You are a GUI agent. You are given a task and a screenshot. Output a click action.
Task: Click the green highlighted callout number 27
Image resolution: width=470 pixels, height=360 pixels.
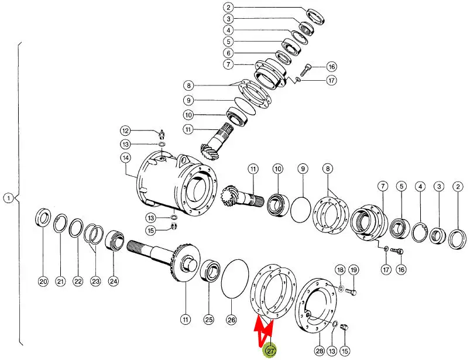click(x=270, y=351)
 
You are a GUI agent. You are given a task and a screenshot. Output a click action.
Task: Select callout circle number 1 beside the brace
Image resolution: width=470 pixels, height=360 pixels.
click(x=9, y=198)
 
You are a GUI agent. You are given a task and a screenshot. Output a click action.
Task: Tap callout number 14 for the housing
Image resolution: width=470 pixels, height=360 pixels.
click(x=126, y=157)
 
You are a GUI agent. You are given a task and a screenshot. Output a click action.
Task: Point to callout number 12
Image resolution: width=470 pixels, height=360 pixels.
click(x=126, y=131)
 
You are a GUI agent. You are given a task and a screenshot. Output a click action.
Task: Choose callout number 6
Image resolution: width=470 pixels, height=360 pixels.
click(x=228, y=53)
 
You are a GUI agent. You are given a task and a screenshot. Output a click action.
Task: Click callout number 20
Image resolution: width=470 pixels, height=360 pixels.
click(x=43, y=281)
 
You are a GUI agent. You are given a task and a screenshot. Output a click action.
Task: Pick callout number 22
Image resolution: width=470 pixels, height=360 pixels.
click(x=78, y=281)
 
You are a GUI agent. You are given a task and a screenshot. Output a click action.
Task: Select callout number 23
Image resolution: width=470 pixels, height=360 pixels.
click(x=95, y=281)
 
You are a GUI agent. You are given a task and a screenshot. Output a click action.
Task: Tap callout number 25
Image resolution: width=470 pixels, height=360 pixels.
click(x=208, y=320)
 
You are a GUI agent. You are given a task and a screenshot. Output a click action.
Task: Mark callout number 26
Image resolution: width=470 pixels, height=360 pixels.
click(x=231, y=320)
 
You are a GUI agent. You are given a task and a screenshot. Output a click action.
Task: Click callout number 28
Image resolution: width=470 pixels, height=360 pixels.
click(x=320, y=351)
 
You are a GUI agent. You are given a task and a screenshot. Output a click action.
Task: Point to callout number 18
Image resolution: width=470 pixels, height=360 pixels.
click(x=341, y=270)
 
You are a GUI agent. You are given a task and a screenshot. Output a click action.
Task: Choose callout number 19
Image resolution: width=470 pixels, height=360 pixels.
click(x=354, y=270)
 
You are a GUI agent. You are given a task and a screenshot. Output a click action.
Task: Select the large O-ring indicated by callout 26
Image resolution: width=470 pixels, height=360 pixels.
click(x=235, y=279)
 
